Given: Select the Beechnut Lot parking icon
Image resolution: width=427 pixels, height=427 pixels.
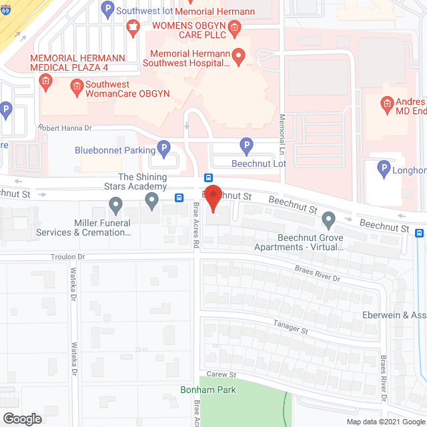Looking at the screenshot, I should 246,145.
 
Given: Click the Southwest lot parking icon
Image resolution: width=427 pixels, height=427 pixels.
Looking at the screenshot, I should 107,9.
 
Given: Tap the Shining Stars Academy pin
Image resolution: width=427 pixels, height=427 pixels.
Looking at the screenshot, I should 151,199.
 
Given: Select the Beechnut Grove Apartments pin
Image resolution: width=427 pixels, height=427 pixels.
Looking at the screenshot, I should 328,219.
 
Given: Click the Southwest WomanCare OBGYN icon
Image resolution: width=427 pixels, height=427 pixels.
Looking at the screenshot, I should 77,85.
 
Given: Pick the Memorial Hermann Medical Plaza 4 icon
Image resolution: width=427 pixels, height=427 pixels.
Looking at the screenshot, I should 45,83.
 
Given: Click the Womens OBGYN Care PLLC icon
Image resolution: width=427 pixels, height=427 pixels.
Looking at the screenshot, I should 234,27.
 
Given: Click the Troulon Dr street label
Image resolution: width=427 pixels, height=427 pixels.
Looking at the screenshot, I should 68,256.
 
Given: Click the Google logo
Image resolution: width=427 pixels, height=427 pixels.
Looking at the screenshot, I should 22,418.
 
